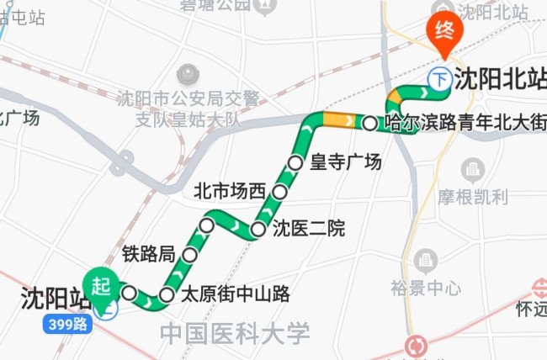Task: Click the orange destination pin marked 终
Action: (443, 32)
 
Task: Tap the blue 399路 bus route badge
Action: (68, 323)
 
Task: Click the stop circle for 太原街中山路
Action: (167, 294)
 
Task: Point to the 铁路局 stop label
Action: (149, 253)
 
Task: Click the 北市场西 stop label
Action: (229, 190)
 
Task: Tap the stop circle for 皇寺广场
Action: (295, 162)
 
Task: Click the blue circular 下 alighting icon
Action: (439, 79)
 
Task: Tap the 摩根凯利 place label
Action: (473, 198)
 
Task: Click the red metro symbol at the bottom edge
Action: (415, 346)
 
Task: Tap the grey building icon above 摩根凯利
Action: (473, 170)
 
